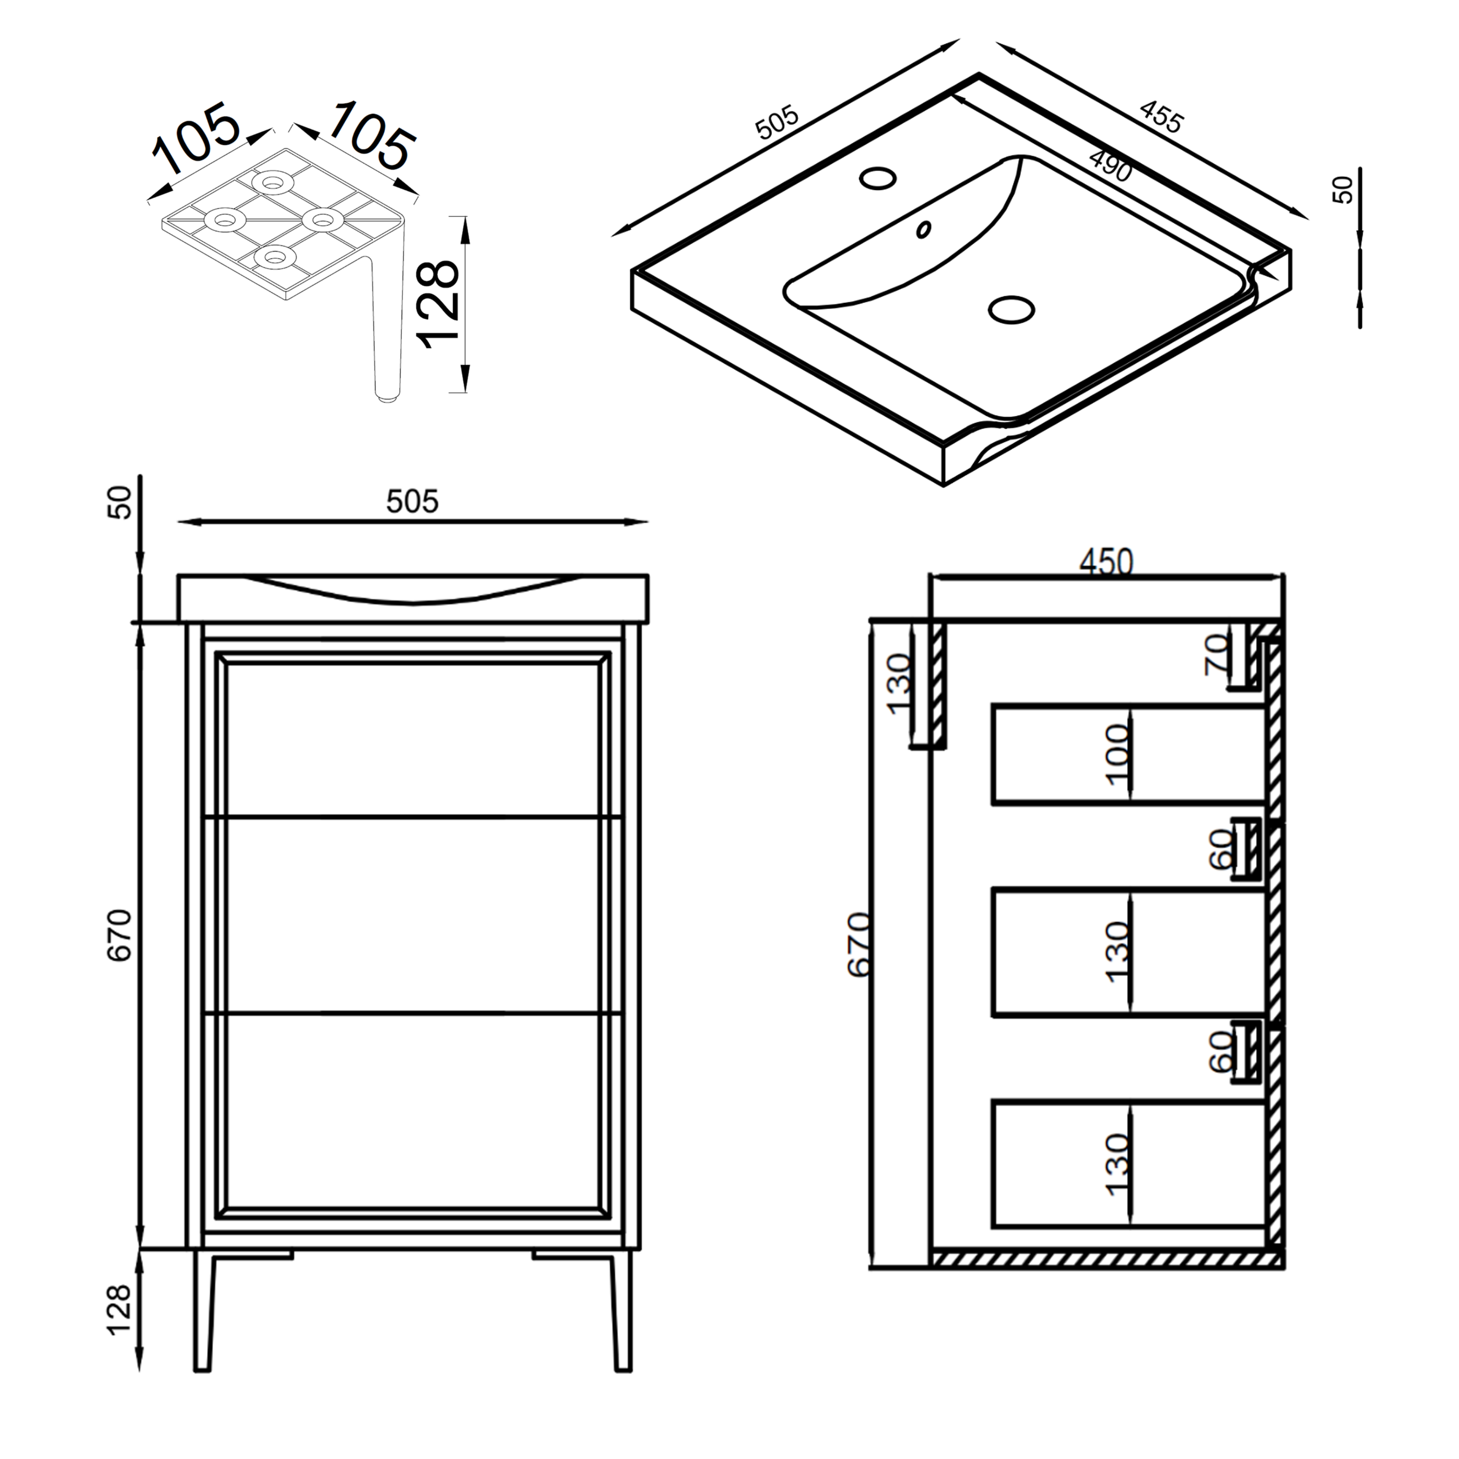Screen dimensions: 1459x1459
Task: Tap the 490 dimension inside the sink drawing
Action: pyautogui.click(x=1110, y=167)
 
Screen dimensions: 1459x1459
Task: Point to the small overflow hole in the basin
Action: pyautogui.click(x=924, y=229)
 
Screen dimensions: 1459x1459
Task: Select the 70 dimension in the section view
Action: pyautogui.click(x=1217, y=654)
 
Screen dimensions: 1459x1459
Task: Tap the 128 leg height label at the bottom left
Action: pyautogui.click(x=120, y=1310)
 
